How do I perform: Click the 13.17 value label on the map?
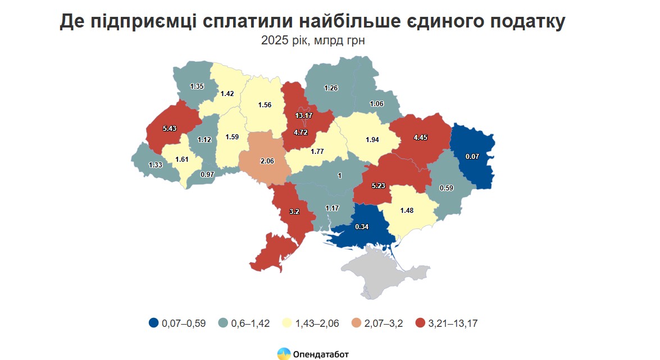pos(303,116)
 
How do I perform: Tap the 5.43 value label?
pos(169,129)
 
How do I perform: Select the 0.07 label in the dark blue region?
pos(472,156)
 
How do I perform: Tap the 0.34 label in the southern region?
pos(362,227)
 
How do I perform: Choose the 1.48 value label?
pos(407,211)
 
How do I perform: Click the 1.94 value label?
pos(372,140)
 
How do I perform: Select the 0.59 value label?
pos(447,187)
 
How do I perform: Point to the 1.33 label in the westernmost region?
pos(156,165)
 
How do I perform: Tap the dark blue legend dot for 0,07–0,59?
pos(153,323)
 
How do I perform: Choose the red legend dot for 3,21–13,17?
pos(420,323)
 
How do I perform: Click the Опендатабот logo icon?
pos(284,354)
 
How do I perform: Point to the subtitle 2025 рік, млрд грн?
pos(317,40)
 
